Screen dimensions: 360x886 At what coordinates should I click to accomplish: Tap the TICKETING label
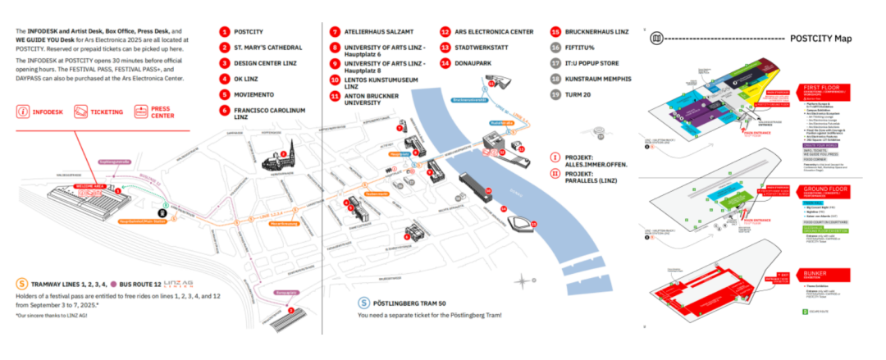[107, 112]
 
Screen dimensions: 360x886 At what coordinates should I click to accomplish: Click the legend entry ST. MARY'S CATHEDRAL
[267, 48]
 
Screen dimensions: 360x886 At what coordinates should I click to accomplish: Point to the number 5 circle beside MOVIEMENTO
[223, 94]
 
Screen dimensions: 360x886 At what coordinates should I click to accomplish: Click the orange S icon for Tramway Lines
[21, 283]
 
